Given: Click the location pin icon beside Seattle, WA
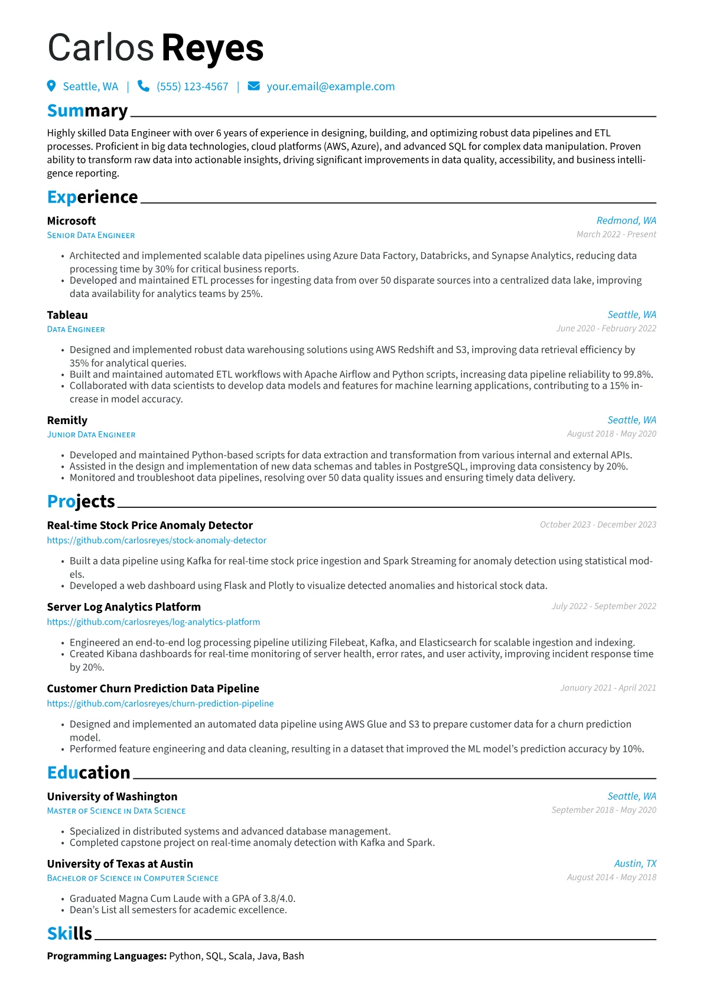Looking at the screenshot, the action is (x=51, y=86).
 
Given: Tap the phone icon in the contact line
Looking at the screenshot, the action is (x=143, y=86).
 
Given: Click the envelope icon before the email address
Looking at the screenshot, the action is (x=253, y=86).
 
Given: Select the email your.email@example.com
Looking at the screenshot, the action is (x=330, y=87).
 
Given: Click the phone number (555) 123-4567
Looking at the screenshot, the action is (x=192, y=87).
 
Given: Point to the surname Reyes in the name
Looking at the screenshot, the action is (x=212, y=48).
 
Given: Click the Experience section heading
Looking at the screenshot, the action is (x=92, y=197).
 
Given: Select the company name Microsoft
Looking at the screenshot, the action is (x=71, y=221).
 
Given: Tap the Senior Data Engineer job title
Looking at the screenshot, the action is (x=91, y=236).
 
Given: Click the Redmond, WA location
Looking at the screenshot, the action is (x=626, y=220).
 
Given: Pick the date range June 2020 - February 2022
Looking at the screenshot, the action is (x=606, y=328).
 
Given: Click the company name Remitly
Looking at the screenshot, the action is (x=67, y=421).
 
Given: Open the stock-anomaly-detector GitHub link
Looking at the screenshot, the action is (x=157, y=540).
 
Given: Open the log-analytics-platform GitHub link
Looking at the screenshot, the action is (x=154, y=622).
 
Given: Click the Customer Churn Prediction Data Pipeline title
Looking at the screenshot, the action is (x=153, y=689).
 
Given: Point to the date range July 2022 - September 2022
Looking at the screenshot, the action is (x=604, y=606).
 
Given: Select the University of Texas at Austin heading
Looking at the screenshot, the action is (x=120, y=864).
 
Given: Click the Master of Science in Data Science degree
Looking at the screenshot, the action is (x=116, y=812).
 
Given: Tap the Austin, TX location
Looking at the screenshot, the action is (x=635, y=863).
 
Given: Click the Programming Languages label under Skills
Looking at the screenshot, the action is (x=106, y=956).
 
